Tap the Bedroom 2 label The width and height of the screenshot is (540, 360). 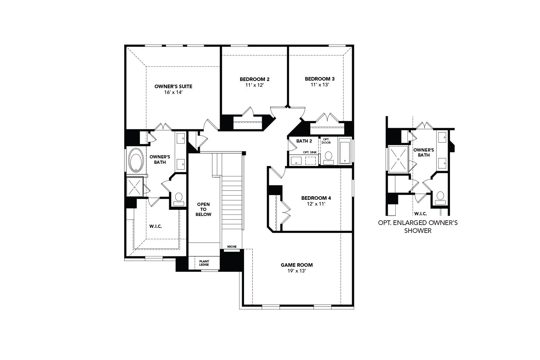255,79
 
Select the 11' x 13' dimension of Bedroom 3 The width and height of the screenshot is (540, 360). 320,85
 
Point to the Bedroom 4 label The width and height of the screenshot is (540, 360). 316,198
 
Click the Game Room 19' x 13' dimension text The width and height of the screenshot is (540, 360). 297,271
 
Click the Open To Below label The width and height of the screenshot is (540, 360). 203,209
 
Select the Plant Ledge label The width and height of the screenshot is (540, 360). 204,263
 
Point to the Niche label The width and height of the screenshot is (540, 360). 232,247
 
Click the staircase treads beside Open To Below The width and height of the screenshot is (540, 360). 232,202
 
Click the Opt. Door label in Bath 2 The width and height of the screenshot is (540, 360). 326,141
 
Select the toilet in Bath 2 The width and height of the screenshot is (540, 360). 328,157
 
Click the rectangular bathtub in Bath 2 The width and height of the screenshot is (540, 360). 345,151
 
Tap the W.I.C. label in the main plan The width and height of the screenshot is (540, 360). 156,226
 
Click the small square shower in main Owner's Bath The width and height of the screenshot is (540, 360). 135,187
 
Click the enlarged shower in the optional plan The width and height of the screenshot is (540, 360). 398,159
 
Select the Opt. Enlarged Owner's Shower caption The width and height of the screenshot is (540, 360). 418,227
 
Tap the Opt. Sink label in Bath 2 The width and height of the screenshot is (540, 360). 310,152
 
